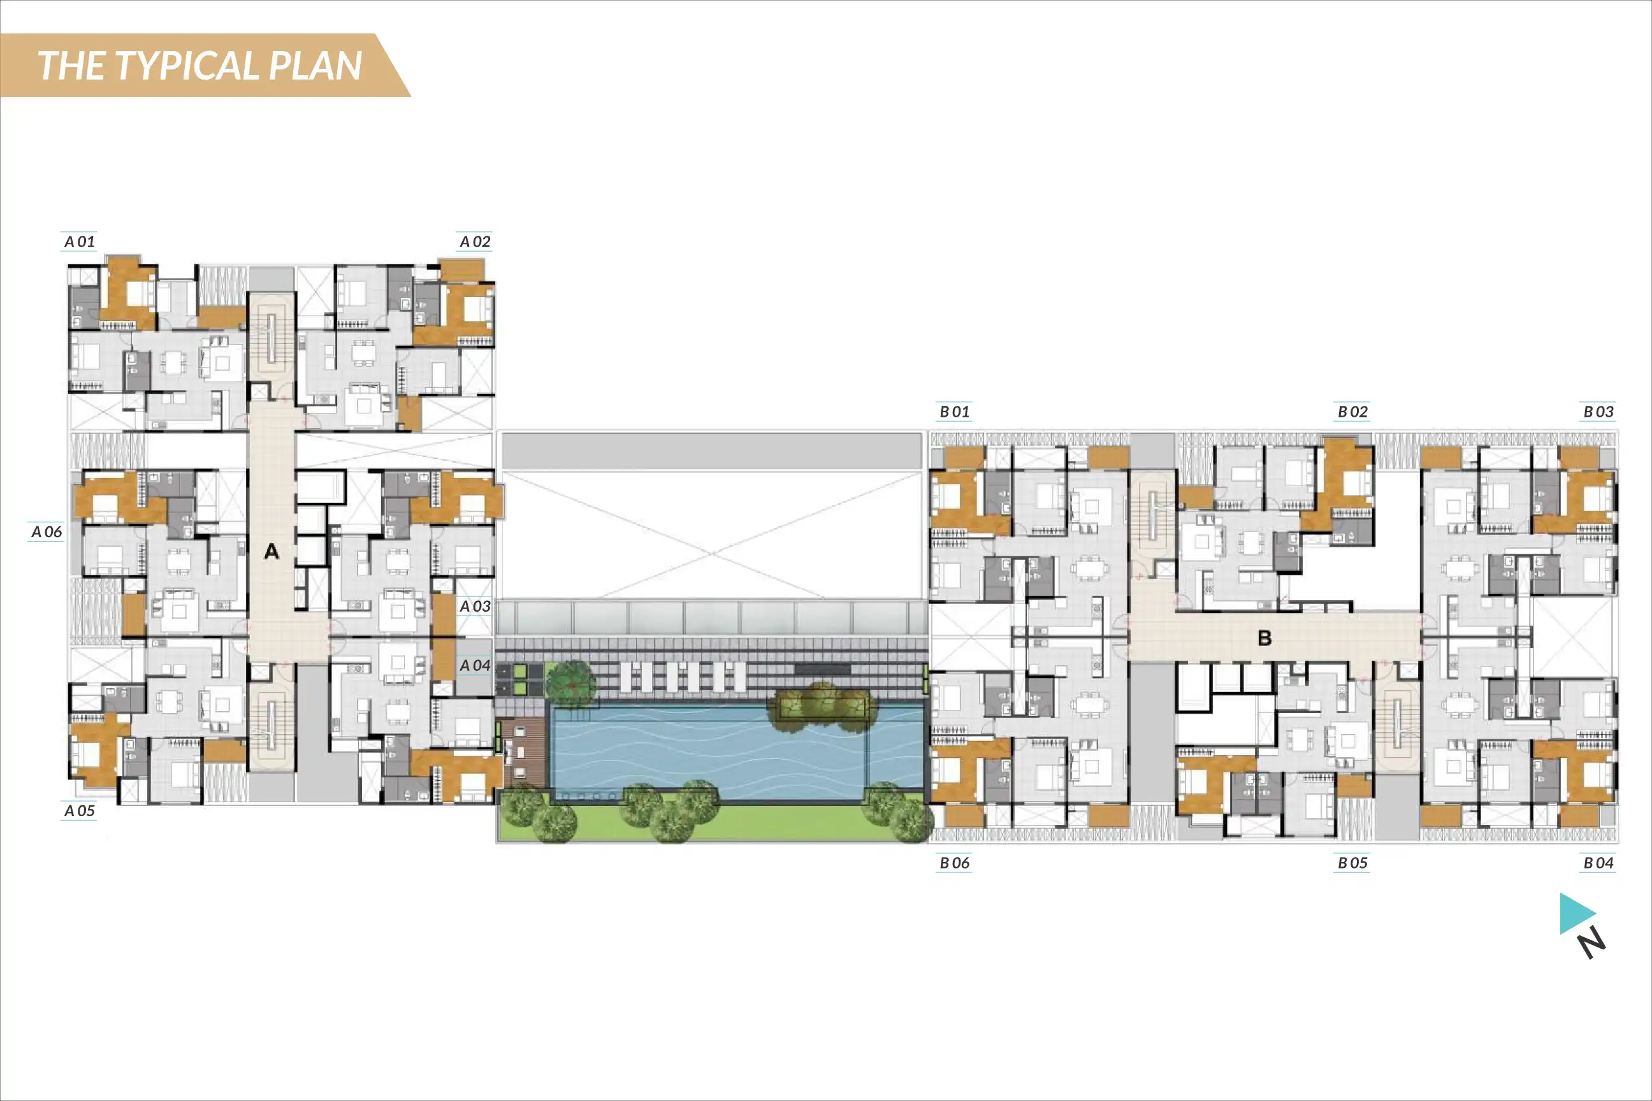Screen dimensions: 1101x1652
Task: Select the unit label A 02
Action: [x=475, y=241]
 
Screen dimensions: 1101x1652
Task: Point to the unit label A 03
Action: [x=475, y=606]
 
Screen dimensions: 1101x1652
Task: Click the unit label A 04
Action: [x=475, y=665]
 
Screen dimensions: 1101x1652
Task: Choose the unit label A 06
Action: [x=47, y=531]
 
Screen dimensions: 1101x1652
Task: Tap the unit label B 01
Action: [x=955, y=412]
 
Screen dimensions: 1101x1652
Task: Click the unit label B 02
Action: [x=1353, y=412]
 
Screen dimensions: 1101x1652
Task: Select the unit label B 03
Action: [x=1598, y=412]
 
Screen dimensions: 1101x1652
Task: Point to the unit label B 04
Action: [x=1598, y=862]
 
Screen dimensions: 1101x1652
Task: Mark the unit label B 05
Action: [x=1353, y=862]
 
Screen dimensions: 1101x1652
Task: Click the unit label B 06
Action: [x=955, y=862]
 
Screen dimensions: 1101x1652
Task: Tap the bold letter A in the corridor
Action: [x=271, y=551]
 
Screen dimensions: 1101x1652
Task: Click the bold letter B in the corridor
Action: [x=1264, y=638]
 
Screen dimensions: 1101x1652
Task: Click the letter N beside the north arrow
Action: [x=1592, y=942]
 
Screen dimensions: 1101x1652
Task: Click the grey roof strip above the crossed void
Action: [x=711, y=450]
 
